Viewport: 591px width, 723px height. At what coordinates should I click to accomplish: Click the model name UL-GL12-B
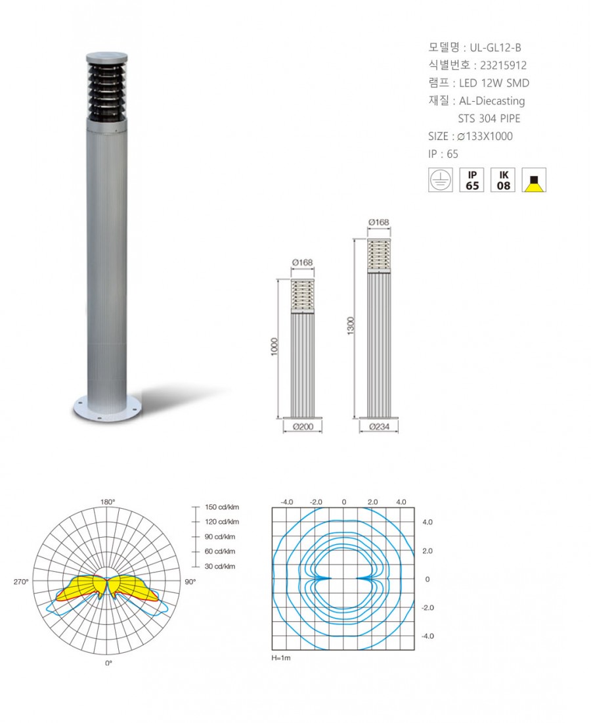tap(495, 47)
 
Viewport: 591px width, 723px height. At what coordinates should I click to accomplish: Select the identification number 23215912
tap(503, 66)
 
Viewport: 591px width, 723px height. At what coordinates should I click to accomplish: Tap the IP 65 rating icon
tap(471, 180)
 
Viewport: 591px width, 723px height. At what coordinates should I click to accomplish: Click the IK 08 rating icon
tap(503, 180)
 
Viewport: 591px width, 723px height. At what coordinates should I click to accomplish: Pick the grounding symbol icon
tap(441, 180)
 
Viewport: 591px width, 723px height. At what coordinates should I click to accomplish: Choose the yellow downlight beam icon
tap(534, 180)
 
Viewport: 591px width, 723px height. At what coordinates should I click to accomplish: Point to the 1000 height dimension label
tap(274, 347)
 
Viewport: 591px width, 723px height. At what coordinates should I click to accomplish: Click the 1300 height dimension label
tap(351, 326)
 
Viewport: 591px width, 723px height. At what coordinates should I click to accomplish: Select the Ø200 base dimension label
tap(303, 427)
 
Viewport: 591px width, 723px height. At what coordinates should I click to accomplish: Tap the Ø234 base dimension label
tap(379, 427)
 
